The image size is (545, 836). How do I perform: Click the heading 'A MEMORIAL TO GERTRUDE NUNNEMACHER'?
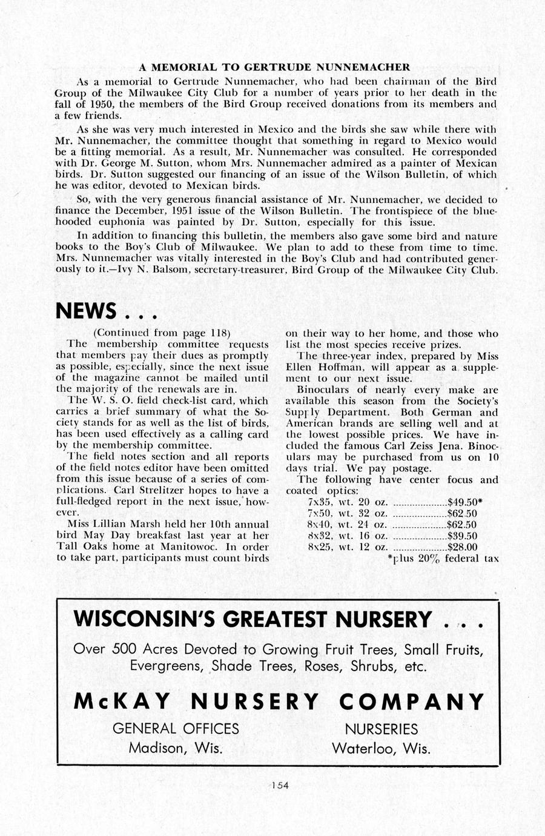click(x=274, y=67)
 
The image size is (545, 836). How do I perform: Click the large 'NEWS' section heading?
click(x=86, y=311)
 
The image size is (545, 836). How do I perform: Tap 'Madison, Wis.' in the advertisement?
click(x=176, y=748)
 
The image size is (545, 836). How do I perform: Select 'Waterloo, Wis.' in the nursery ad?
click(x=381, y=748)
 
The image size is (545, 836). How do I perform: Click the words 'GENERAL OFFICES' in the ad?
click(x=176, y=728)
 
